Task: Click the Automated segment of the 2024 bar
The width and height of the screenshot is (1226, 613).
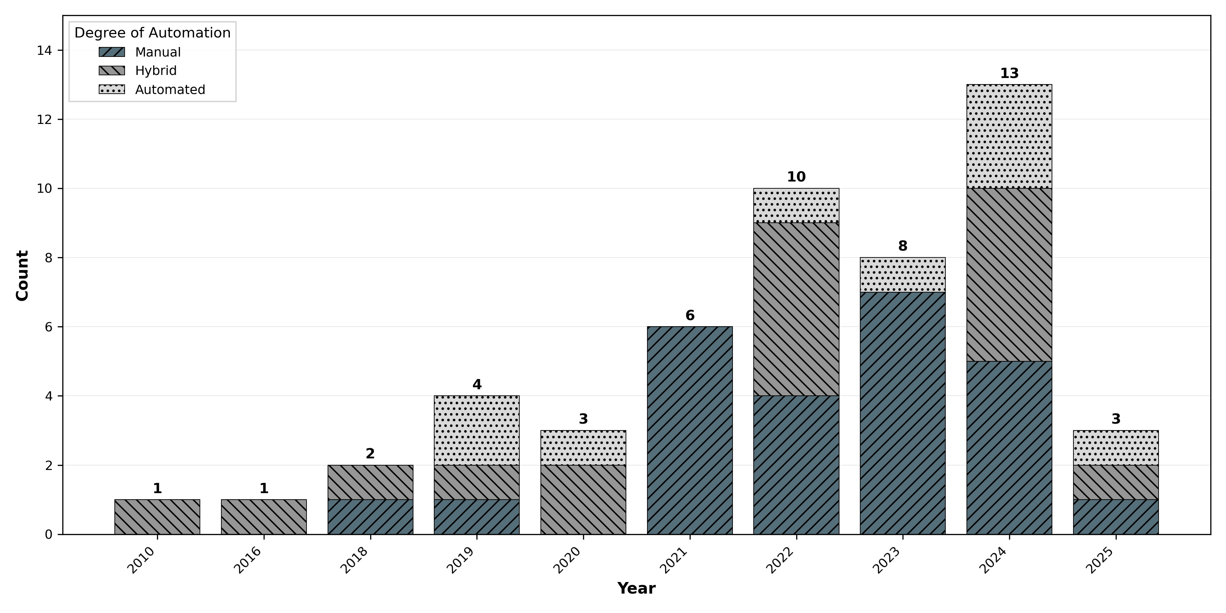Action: click(x=1009, y=137)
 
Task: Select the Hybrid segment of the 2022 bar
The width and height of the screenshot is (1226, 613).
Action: click(x=796, y=309)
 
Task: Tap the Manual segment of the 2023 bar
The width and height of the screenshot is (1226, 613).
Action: click(x=902, y=413)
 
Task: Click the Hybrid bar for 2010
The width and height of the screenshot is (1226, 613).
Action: click(x=157, y=517)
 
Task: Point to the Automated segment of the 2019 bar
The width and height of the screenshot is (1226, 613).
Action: click(x=476, y=430)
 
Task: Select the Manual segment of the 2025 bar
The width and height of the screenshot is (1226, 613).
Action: click(x=1116, y=517)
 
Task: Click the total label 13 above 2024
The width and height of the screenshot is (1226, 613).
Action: click(x=1009, y=74)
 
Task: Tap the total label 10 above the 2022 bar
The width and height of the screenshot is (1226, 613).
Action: click(x=796, y=177)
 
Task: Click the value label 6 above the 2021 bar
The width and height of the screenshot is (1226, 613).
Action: click(x=690, y=316)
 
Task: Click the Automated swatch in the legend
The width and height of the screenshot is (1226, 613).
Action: click(x=112, y=90)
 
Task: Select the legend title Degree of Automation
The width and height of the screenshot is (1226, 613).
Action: click(x=152, y=33)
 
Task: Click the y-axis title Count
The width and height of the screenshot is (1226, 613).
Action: click(x=22, y=275)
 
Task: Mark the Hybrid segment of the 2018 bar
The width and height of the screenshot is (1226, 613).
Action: click(x=370, y=482)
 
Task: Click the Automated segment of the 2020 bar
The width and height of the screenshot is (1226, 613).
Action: click(x=583, y=448)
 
